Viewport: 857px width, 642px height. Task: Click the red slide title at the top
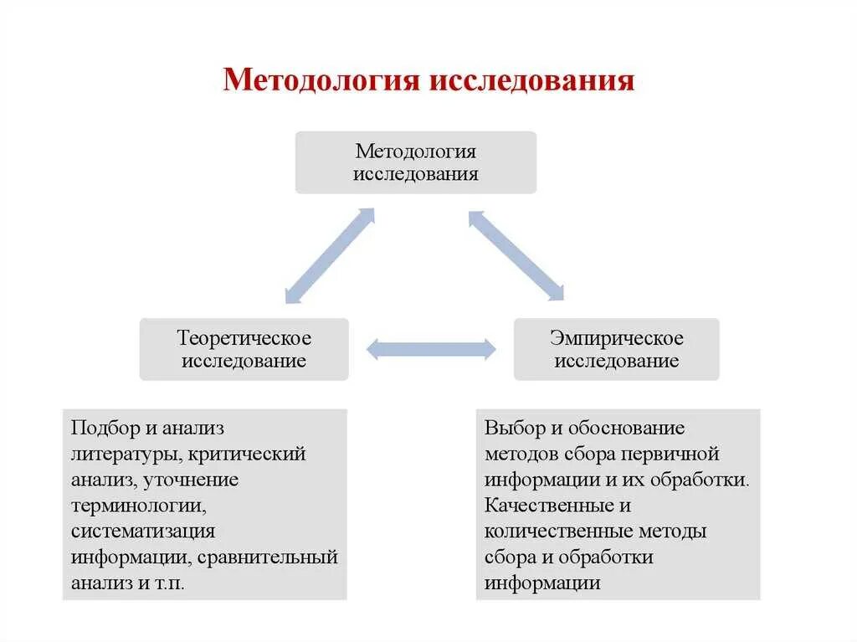point(428,82)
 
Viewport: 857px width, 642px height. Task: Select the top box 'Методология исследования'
point(416,162)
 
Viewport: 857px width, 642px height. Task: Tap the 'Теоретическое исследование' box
point(244,349)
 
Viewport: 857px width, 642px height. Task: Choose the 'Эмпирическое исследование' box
point(616,349)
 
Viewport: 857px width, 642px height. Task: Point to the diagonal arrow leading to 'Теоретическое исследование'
point(330,255)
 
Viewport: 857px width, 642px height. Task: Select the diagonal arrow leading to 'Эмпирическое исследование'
point(516,255)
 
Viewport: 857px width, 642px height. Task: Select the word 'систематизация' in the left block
point(143,532)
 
